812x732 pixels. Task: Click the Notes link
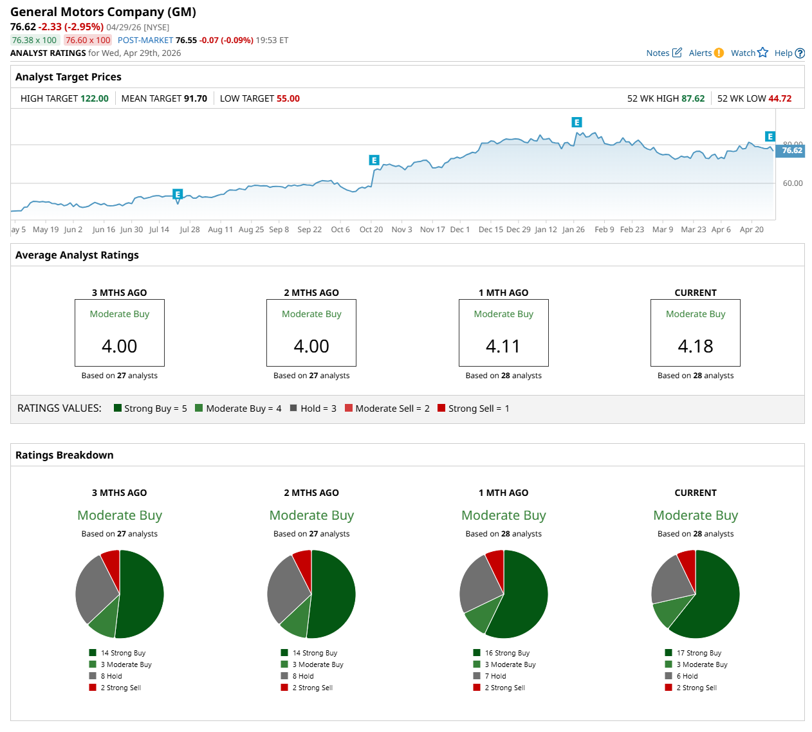663,53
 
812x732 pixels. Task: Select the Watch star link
749,53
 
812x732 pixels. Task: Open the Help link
789,53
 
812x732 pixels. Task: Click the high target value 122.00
94,98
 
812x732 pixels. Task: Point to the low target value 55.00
288,98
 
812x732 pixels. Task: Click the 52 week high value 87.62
693,98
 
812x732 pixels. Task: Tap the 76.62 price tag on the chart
791,151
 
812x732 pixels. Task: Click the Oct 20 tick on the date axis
371,230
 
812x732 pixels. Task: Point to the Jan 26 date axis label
573,230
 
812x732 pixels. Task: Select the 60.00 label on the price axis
793,183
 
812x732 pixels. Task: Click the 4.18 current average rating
695,346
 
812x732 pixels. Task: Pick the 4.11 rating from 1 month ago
503,346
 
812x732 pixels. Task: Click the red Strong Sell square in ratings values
441,408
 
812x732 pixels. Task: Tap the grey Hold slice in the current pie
672,578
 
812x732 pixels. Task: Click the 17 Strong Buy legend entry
698,653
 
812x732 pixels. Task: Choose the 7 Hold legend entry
495,676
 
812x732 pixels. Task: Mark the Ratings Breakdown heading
64,455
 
